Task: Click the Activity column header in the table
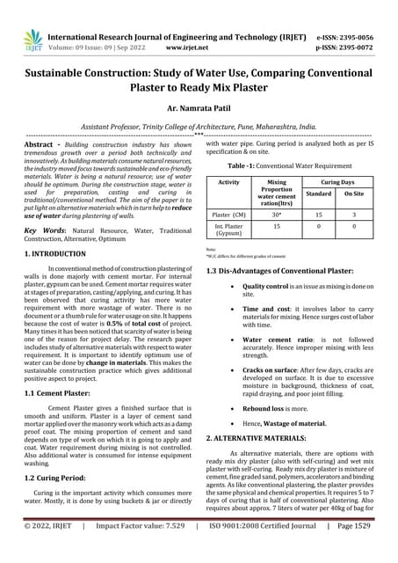[228, 181]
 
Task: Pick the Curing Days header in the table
[335, 181]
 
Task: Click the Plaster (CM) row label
[228, 214]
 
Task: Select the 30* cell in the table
[278, 214]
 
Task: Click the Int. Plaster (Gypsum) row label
[228, 230]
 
